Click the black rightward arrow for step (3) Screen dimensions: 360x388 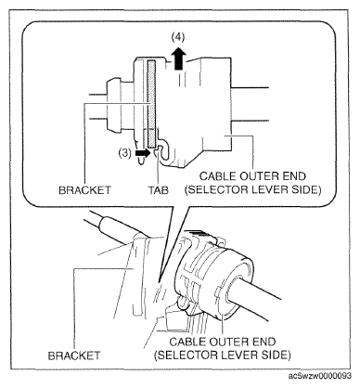[143, 152]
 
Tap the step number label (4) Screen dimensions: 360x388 [178, 37]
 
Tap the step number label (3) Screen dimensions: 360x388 [125, 153]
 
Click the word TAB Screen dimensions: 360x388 [159, 189]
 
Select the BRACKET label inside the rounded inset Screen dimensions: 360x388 [84, 189]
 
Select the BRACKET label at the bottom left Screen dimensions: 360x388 [74, 356]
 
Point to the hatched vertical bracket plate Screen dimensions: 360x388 [151, 103]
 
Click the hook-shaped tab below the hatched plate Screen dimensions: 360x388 [163, 151]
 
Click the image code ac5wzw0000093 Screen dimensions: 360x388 [320, 376]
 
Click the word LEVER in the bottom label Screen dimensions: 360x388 [244, 355]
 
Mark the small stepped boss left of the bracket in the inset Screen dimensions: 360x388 [113, 104]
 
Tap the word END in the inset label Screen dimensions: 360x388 [293, 176]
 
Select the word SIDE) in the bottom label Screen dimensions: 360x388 [276, 355]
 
